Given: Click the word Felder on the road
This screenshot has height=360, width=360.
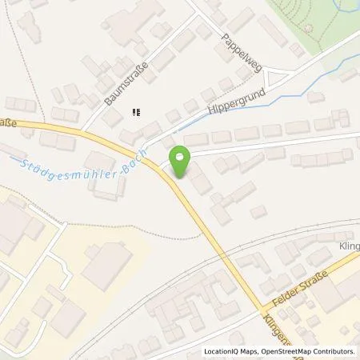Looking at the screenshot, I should (x=284, y=296).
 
